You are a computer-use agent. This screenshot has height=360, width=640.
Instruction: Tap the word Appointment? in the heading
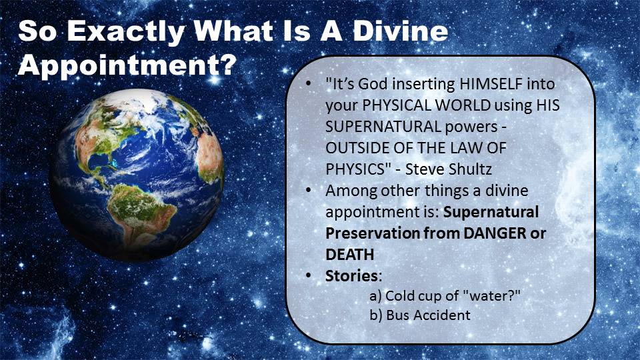click(x=127, y=65)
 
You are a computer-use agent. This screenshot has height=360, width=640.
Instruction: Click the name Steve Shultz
click(x=448, y=169)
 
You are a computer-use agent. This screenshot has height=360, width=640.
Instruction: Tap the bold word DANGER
click(x=495, y=233)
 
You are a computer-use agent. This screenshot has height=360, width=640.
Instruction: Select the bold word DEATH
click(x=350, y=255)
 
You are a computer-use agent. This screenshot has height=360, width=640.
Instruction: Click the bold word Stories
click(x=352, y=276)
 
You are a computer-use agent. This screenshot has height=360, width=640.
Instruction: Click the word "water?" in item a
click(x=493, y=295)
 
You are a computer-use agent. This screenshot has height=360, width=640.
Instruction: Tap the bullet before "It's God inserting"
click(x=308, y=85)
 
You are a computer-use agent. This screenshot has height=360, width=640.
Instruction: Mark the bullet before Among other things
click(x=308, y=191)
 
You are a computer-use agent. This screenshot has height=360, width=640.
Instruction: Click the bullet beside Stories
click(x=308, y=276)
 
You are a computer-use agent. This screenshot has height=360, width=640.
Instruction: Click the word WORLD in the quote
click(x=463, y=105)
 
